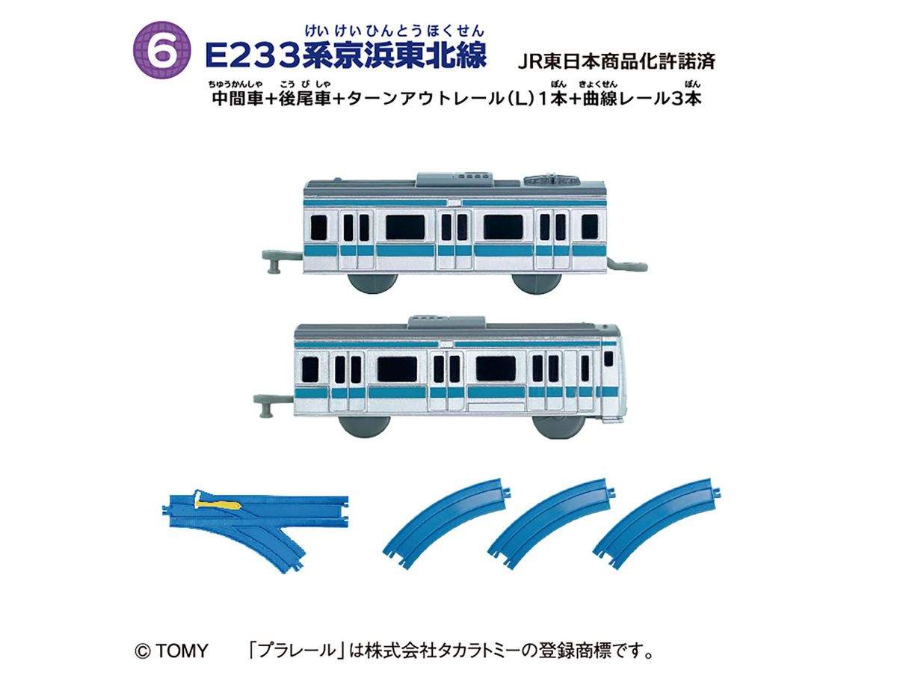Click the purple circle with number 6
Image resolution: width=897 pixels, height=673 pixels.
click(161, 50)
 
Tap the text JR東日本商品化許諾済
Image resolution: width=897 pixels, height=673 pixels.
click(616, 62)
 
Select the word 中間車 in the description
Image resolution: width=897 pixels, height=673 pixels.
click(237, 98)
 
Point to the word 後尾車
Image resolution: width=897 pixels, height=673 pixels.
click(305, 98)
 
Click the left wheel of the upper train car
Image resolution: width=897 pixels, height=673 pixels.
click(372, 283)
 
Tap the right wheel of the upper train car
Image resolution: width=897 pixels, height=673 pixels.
click(537, 283)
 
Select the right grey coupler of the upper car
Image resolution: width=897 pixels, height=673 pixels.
click(627, 265)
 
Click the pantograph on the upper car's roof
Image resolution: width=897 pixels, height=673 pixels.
click(550, 179)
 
